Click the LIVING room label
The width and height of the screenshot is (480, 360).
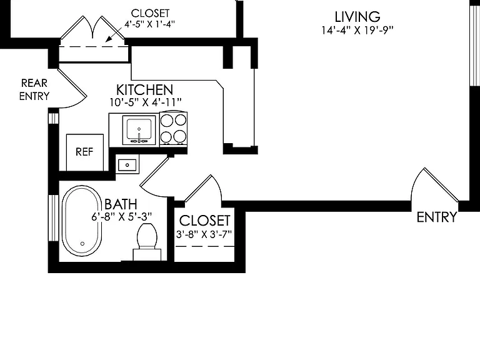(x=357, y=17)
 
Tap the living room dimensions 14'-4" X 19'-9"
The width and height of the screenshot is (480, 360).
(x=357, y=30)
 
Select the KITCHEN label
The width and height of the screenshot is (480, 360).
(x=145, y=90)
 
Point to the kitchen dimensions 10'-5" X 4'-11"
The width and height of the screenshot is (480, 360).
(x=146, y=102)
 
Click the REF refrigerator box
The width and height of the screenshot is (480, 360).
(x=85, y=152)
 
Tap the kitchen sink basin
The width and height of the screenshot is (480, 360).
(x=139, y=130)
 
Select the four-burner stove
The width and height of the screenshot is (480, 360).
(x=173, y=128)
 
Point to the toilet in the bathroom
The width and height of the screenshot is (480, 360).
(x=147, y=241)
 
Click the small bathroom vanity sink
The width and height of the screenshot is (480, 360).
(x=127, y=165)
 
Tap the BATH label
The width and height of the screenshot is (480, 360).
(x=121, y=204)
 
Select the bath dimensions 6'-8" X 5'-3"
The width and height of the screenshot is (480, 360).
(x=121, y=217)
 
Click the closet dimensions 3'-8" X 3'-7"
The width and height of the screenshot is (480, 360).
(x=204, y=234)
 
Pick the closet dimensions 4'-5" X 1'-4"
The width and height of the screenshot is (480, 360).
(x=150, y=24)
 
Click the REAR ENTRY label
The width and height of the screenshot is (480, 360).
(x=34, y=89)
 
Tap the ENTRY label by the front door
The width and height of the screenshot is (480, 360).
(x=437, y=217)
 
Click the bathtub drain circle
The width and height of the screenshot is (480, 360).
(x=82, y=244)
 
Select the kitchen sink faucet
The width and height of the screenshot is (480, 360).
(x=139, y=137)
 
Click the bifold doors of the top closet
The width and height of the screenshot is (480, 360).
(x=92, y=27)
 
